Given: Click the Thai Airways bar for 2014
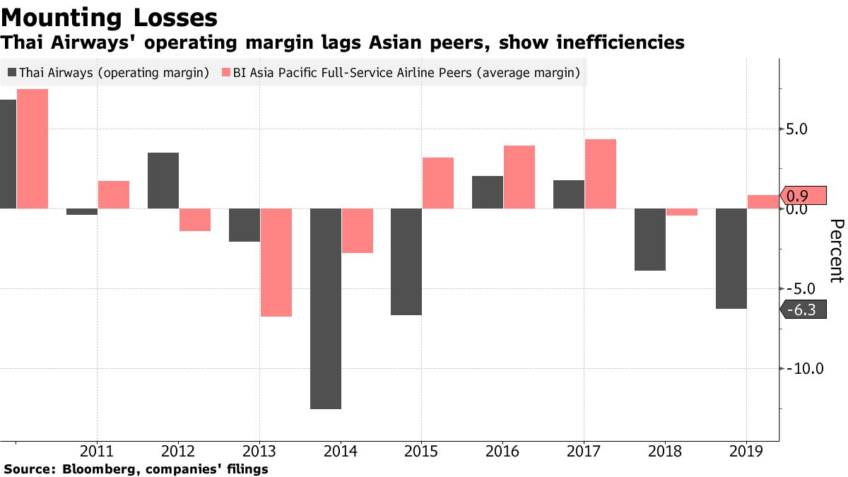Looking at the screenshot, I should [325, 308].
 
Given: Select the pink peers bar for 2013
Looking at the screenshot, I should [276, 262].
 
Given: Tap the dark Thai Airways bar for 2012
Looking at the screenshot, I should [163, 180].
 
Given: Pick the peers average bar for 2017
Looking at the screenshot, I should [601, 174].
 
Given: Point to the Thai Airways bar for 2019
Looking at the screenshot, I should [731, 259].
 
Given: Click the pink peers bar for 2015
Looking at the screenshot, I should [438, 183].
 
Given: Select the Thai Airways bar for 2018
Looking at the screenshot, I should [650, 240].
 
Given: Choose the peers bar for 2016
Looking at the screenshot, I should [519, 177].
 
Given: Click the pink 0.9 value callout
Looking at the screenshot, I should [803, 196].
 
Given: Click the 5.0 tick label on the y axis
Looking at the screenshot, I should [802, 129].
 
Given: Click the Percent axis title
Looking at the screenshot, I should [836, 251].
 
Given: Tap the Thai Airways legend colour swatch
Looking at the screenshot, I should [13, 72].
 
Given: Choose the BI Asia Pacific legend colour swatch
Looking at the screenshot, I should [225, 72].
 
